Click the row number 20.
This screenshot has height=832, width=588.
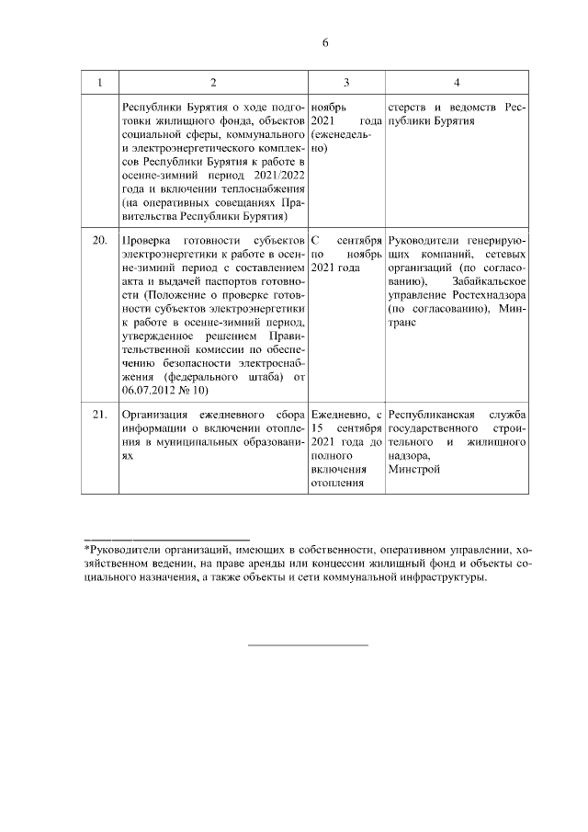pyautogui.click(x=99, y=240)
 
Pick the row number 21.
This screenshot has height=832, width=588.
pyautogui.click(x=99, y=415)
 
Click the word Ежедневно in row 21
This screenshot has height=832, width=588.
pyautogui.click(x=340, y=415)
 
